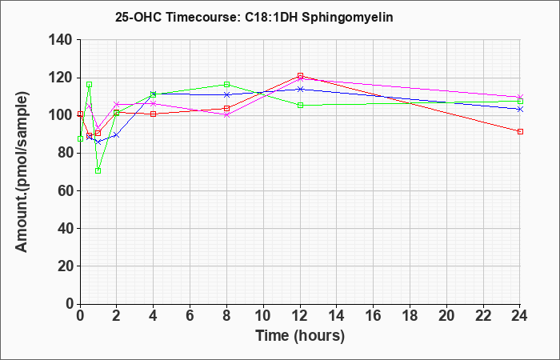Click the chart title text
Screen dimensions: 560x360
click(254, 17)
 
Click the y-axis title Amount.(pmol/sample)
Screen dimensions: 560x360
click(22, 172)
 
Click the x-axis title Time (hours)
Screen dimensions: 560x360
click(300, 336)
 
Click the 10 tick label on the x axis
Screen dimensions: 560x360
click(263, 315)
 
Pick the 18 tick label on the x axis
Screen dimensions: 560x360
click(410, 315)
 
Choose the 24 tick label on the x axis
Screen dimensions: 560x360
click(520, 315)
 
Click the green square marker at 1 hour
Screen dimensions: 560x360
click(98, 170)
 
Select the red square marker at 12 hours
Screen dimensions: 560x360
click(300, 76)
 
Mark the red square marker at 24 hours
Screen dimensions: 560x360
click(520, 132)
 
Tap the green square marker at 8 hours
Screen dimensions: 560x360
click(226, 84)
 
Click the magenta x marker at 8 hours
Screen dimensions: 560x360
click(226, 114)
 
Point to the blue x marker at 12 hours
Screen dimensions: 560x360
click(300, 89)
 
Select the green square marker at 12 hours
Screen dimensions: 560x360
click(300, 105)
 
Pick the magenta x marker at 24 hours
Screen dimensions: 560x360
click(520, 97)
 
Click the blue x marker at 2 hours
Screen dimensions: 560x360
click(117, 135)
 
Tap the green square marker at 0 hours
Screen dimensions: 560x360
click(80, 138)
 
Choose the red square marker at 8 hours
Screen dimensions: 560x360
click(226, 109)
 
